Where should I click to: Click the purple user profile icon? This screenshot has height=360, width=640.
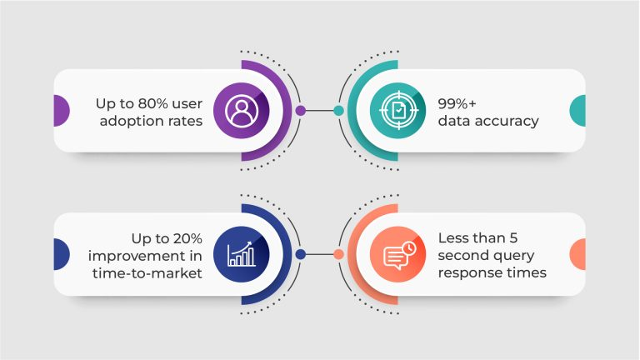pyautogui.click(x=242, y=111)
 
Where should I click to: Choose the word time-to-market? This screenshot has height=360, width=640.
pyautogui.click(x=157, y=272)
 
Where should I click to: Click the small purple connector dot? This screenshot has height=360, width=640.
pyautogui.click(x=300, y=111)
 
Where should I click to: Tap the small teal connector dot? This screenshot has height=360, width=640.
pyautogui.click(x=338, y=111)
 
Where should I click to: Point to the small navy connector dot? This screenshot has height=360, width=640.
pyautogui.click(x=300, y=254)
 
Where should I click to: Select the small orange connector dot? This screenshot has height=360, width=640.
pyautogui.click(x=338, y=254)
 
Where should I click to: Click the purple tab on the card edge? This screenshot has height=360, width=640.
pyautogui.click(x=60, y=111)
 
